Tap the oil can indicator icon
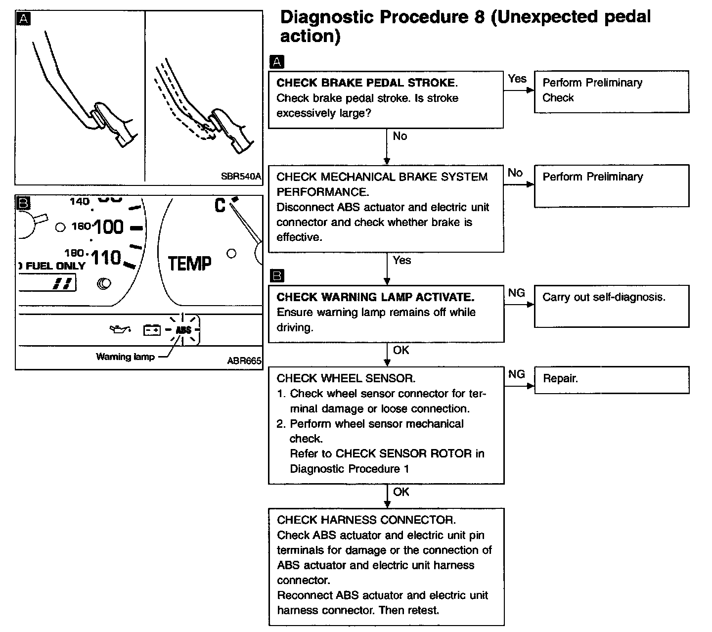(x=120, y=329)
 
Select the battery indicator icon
(x=152, y=330)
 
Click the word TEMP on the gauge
(x=189, y=263)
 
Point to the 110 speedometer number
(x=106, y=258)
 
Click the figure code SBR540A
(x=241, y=176)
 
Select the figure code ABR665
(x=244, y=361)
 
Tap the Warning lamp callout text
(x=125, y=357)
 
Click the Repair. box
(x=611, y=379)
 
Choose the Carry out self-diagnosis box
(x=611, y=306)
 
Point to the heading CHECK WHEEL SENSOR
(x=346, y=378)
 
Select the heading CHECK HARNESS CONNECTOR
(x=366, y=520)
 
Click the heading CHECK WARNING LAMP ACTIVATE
(x=375, y=297)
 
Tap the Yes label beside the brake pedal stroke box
(x=517, y=79)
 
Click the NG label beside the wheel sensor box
(x=516, y=374)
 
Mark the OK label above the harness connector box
(x=401, y=492)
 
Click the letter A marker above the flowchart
(x=277, y=62)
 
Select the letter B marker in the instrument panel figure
(x=24, y=203)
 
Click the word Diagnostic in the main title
(x=327, y=17)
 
